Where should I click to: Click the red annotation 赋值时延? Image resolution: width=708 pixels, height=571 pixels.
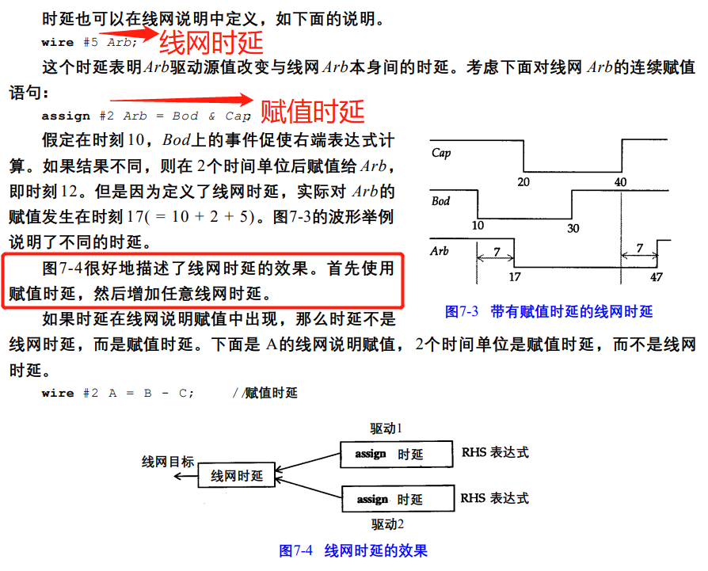[x=312, y=110]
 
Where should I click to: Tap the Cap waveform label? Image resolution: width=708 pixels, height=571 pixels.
[x=441, y=153]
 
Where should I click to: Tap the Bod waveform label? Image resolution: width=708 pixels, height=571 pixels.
[x=440, y=201]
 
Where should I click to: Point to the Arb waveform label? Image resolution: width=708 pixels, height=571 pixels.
[x=440, y=250]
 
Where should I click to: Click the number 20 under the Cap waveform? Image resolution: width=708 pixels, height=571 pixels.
[x=523, y=181]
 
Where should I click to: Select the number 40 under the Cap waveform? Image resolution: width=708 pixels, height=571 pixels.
[x=621, y=181]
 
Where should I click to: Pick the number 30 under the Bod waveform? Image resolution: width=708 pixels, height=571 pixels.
[x=573, y=228]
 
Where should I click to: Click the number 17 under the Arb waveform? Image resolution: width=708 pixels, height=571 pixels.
[x=514, y=278]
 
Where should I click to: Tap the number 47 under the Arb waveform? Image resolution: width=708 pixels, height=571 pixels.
[x=656, y=278]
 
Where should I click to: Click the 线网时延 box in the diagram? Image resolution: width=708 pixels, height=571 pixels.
[x=236, y=476]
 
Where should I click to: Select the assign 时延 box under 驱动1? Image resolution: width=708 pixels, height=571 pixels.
[x=396, y=454]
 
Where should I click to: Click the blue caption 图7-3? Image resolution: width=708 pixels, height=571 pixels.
[x=462, y=311]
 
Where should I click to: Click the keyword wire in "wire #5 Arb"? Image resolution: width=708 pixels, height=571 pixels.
[x=57, y=42]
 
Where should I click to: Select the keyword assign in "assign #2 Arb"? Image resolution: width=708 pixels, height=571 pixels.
[x=66, y=116]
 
